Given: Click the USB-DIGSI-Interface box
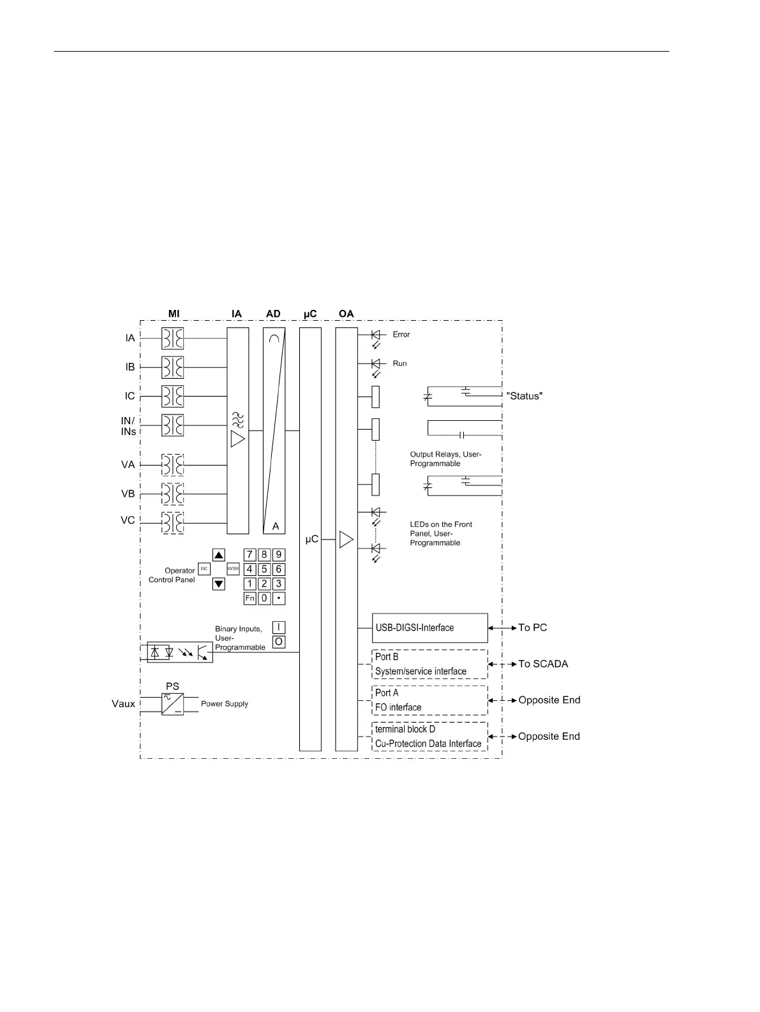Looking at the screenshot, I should point(429,628).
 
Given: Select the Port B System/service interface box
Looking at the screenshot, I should point(429,664).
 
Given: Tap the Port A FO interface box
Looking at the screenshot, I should point(429,700).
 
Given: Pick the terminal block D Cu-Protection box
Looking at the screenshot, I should point(429,737).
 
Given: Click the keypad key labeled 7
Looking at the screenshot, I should point(250,555).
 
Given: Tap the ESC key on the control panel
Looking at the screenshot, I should point(204,569).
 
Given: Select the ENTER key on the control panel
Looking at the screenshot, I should point(233,569).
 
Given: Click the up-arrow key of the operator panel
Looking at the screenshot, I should point(219,555).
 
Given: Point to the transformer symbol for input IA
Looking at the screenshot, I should point(172,339).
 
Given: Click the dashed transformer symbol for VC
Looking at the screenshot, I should point(172,523).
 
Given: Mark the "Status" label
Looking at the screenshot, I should point(525,396).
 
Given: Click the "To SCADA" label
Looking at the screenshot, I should point(543,664).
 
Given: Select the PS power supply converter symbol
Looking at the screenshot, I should point(172,704).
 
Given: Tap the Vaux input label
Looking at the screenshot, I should point(123,704).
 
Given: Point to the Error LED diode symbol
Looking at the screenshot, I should point(376,334).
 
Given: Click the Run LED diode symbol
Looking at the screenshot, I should point(376,363).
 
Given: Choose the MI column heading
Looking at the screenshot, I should point(174,314).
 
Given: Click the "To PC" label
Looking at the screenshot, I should point(533,628).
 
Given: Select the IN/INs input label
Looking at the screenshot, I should point(128,426).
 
